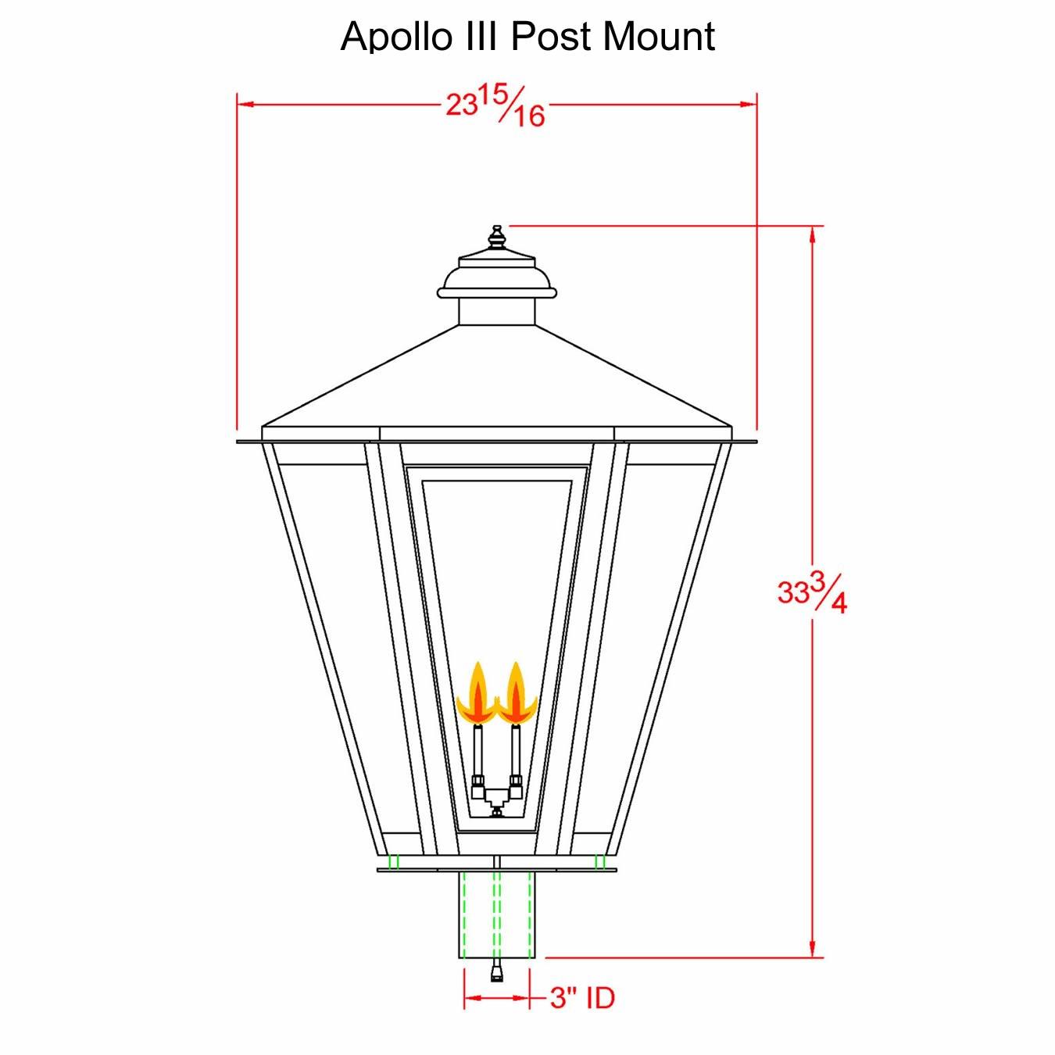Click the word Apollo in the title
click(396, 37)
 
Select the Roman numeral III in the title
click(482, 37)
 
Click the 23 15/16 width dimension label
click(495, 106)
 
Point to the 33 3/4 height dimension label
click(812, 592)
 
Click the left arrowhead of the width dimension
click(245, 104)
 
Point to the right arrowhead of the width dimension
click(749, 104)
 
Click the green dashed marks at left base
click(393, 861)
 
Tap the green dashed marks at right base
click(600, 861)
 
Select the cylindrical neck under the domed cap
click(496, 311)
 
